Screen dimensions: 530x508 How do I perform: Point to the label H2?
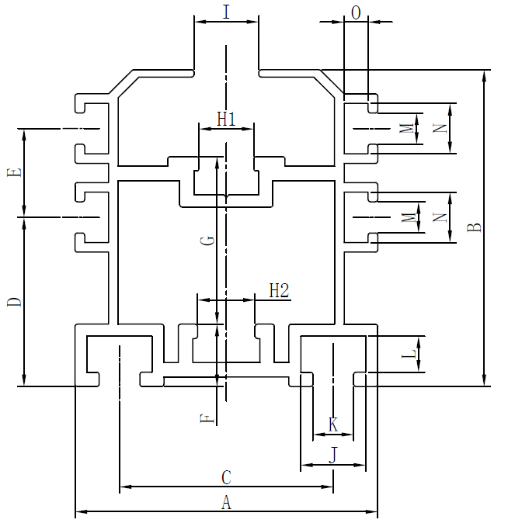point(279,290)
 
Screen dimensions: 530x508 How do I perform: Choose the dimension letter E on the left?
point(13,172)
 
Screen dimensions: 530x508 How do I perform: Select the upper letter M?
point(407,129)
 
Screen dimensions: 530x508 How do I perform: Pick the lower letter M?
point(407,218)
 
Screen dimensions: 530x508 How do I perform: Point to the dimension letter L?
point(409,355)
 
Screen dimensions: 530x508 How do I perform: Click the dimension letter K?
point(333,424)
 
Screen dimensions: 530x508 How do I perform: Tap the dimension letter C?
point(226,477)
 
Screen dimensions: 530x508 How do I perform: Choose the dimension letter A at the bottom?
point(226,503)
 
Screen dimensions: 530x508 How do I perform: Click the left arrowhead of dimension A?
point(78,512)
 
